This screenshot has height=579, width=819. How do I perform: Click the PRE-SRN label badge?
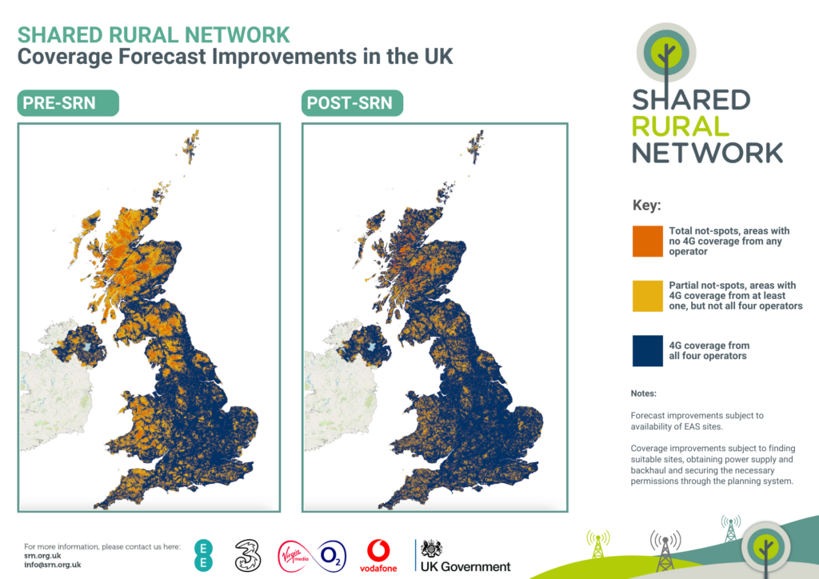point(67,104)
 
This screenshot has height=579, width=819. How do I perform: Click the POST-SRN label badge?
point(353,104)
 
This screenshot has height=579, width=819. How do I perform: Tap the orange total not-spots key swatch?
point(647,241)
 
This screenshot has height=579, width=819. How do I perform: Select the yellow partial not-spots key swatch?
point(647,296)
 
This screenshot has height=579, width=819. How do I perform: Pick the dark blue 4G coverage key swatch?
point(647,351)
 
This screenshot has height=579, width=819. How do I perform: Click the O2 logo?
point(332,554)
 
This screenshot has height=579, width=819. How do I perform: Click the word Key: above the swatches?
point(646,205)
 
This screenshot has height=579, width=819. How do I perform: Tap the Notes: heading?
point(643,393)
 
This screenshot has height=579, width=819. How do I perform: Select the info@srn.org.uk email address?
point(53,564)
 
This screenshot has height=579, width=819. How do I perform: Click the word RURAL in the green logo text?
point(680,126)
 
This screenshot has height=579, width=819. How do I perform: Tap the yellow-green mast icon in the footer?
point(597,544)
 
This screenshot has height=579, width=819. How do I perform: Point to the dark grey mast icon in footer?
point(665,550)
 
